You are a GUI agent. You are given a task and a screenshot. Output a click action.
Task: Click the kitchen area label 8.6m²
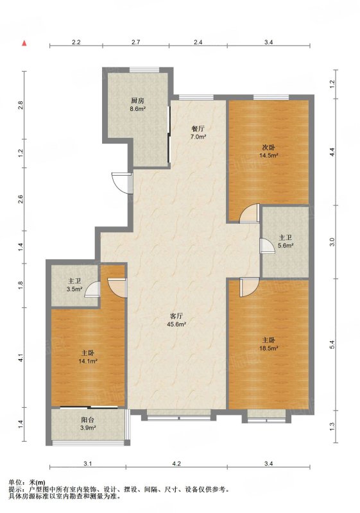click(x=137, y=109)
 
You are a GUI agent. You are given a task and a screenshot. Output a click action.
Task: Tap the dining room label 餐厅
click(x=198, y=129)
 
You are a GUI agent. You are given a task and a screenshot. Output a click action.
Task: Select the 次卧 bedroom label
click(x=268, y=147)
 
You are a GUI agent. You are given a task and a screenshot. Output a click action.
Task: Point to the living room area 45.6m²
click(x=176, y=324)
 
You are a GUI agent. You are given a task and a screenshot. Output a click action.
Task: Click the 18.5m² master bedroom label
click(x=269, y=348)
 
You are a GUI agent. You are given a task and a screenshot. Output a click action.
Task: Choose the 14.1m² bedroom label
click(x=88, y=361)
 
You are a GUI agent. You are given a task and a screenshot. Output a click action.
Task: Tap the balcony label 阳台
click(x=88, y=420)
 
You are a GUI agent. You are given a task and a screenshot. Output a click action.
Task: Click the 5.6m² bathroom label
click(x=286, y=245)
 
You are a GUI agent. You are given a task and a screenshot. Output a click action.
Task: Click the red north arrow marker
click(x=24, y=43)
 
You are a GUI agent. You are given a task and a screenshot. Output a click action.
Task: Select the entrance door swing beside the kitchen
click(x=121, y=183)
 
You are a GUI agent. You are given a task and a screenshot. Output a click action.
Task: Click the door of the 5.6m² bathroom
click(x=268, y=246)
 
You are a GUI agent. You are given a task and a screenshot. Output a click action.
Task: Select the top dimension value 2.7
click(x=136, y=42)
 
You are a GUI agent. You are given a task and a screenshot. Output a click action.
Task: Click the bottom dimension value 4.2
click(x=176, y=463)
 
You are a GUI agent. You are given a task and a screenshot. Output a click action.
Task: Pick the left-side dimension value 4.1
click(x=21, y=358)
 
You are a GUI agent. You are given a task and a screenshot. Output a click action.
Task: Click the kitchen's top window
click(x=144, y=70)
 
